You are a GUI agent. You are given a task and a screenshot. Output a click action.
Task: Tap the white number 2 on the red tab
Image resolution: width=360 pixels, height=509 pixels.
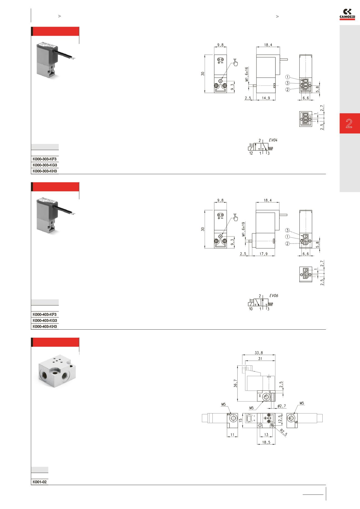coord(349,123)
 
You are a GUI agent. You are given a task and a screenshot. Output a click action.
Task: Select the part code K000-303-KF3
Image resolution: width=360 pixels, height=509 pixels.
coord(45,159)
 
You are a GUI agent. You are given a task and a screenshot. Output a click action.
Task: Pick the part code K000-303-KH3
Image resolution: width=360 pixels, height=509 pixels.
coord(45,171)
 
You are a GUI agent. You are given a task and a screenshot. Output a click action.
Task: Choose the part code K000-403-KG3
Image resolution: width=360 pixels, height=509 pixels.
coord(45,321)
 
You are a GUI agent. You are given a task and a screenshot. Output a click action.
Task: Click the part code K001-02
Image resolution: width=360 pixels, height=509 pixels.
coord(40,482)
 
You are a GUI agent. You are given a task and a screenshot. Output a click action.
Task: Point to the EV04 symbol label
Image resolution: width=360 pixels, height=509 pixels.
coord(273,140)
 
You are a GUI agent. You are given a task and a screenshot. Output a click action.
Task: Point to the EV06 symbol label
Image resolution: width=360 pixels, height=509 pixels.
coord(274,296)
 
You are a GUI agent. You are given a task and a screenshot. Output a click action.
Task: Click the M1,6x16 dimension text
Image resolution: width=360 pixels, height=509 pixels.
coord(247,74)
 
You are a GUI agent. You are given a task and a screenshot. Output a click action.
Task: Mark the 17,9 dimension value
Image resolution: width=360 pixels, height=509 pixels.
coord(264,254)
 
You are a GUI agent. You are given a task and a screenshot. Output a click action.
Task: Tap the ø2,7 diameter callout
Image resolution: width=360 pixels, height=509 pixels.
coord(281,406)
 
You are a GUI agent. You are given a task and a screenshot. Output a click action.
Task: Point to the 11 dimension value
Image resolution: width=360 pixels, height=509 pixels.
coord(232,435)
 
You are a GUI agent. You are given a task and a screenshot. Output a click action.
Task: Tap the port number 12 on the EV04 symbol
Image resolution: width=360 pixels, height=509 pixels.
coord(251,153)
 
